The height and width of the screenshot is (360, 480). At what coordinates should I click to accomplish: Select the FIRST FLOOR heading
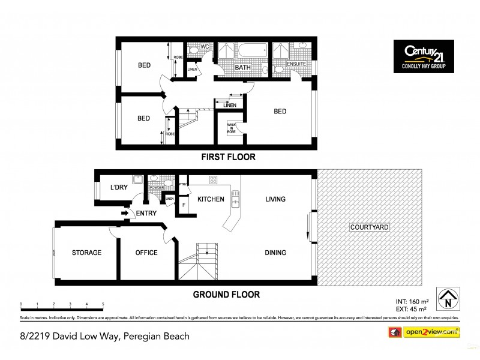tap(227, 157)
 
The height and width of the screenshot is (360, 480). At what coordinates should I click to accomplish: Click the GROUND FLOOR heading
tap(226, 295)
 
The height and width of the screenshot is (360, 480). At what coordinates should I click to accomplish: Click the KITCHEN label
tap(211, 199)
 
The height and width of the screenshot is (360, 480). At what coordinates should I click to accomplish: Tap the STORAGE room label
tap(86, 253)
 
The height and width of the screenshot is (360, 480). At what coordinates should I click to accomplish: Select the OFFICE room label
tap(146, 253)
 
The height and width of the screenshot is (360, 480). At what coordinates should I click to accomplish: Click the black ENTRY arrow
tap(125, 212)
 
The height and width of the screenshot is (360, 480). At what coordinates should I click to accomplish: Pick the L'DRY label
tap(119, 187)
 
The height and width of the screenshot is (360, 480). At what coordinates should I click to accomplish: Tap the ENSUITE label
tap(296, 64)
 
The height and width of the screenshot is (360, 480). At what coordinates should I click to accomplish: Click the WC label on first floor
tap(205, 46)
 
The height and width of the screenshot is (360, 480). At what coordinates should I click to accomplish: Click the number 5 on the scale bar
tap(103, 304)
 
